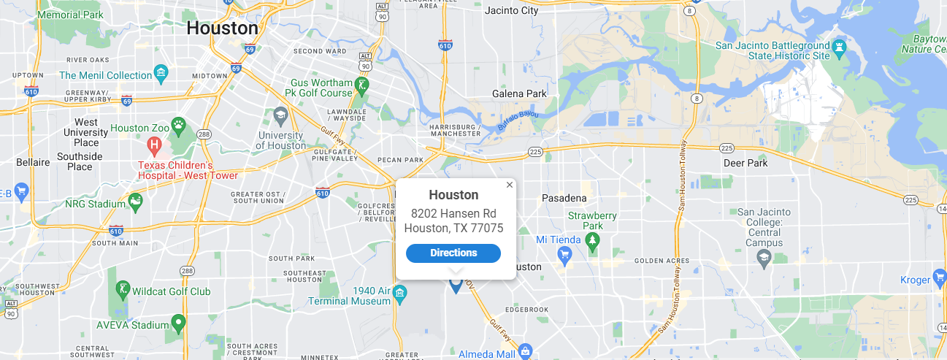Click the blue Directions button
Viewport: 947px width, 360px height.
(453, 253)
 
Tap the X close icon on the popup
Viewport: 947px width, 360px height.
(510, 185)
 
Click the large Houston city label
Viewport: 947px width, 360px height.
(222, 28)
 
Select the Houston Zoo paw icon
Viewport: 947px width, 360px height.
(178, 126)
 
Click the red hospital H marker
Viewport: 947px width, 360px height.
(154, 145)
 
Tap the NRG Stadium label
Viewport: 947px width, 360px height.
(95, 203)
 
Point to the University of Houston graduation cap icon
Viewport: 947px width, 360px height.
(280, 115)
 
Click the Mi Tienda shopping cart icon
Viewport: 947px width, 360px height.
(564, 255)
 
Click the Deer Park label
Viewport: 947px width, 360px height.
(745, 163)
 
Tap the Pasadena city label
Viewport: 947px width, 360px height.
(564, 198)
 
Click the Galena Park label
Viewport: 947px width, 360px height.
(519, 94)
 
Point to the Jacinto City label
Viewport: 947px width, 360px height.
(511, 10)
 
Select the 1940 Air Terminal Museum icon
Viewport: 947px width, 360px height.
(399, 294)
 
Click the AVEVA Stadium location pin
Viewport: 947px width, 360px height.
(178, 323)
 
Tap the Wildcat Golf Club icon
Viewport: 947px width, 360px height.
(123, 290)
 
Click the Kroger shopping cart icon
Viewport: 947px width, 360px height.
(940, 278)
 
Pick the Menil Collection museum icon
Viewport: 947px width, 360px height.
(161, 74)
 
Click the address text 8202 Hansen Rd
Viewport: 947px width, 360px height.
(453, 213)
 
